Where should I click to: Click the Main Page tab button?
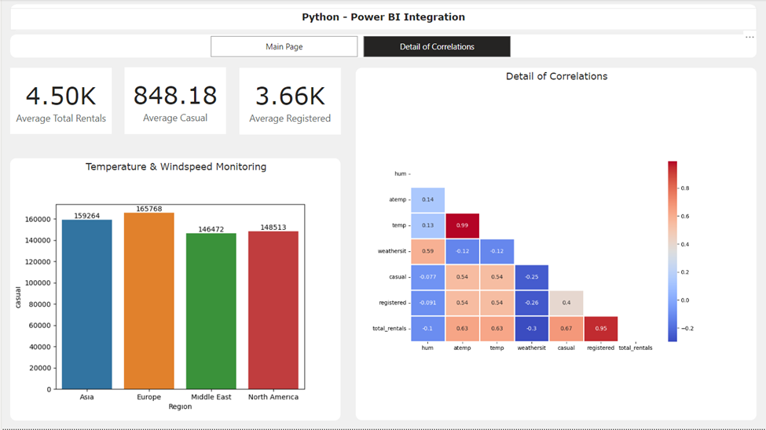click(284, 47)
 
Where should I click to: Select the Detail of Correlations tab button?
click(437, 47)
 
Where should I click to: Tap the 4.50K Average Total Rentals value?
click(60, 96)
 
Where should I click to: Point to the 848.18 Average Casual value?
click(175, 96)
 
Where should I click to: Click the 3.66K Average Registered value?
click(290, 96)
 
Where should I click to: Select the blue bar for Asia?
click(86, 306)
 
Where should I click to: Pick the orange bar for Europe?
click(148, 302)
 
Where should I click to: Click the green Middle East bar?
click(211, 314)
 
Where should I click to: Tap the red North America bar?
click(273, 312)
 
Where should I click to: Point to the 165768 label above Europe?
click(148, 208)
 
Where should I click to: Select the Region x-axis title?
click(180, 406)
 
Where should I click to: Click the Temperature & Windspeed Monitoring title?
click(175, 166)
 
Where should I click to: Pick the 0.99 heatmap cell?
click(462, 226)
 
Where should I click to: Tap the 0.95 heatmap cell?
click(600, 329)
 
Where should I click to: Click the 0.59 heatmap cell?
click(427, 252)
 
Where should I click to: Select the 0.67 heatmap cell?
click(566, 329)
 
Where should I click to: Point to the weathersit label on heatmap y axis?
click(392, 252)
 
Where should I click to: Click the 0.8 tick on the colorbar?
click(685, 188)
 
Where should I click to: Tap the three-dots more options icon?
click(750, 37)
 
